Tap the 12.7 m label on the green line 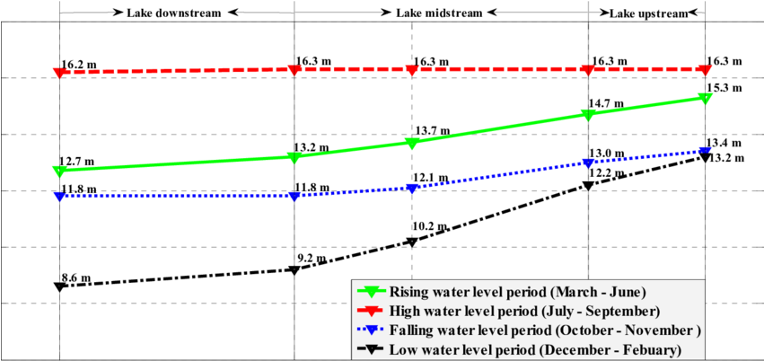pyautogui.click(x=77, y=162)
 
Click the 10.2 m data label pyautogui.click(x=429, y=226)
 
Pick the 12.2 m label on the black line pyautogui.click(x=606, y=173)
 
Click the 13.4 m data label pyautogui.click(x=724, y=144)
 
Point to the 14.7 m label pyautogui.click(x=606, y=103)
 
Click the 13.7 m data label pyautogui.click(x=429, y=131)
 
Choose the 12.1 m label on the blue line pyautogui.click(x=429, y=177)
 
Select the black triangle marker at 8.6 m pyautogui.click(x=59, y=286)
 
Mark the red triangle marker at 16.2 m pyautogui.click(x=59, y=72)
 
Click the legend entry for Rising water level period pyautogui.click(x=517, y=292)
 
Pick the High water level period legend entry pyautogui.click(x=524, y=311)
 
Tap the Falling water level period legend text pyautogui.click(x=544, y=330)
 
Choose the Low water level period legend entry pyautogui.click(x=534, y=349)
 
